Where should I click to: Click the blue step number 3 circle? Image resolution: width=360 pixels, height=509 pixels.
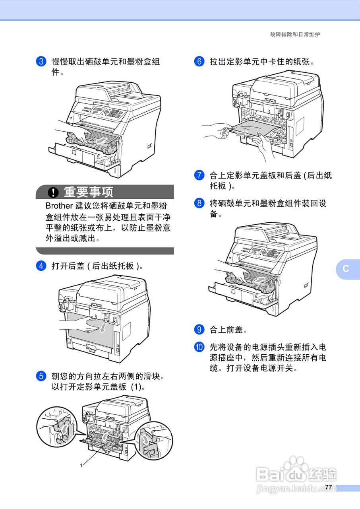coord(41,62)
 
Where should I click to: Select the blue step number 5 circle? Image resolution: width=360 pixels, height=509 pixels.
coord(41,376)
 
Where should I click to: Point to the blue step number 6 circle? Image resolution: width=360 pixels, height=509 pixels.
coord(199,62)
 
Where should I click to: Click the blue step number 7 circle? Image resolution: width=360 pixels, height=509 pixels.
coord(199,175)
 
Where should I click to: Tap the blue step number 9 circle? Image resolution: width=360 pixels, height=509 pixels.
coord(199,330)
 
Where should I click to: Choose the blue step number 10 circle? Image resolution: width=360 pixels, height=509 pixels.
coord(199,347)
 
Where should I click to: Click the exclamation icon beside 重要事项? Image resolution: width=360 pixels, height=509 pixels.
coord(53,192)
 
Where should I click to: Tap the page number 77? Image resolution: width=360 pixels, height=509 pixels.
coord(328,487)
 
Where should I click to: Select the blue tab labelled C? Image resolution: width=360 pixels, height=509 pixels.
coord(346,269)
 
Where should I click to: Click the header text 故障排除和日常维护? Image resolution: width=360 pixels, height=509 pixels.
coord(295,35)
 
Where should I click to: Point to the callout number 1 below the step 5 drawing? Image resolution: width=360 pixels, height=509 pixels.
coord(81,465)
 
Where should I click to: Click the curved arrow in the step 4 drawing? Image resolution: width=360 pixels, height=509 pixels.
coord(103,327)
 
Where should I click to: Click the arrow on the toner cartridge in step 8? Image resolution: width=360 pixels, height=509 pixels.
coord(259,281)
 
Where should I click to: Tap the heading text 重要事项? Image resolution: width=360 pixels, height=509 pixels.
coord(89,192)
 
